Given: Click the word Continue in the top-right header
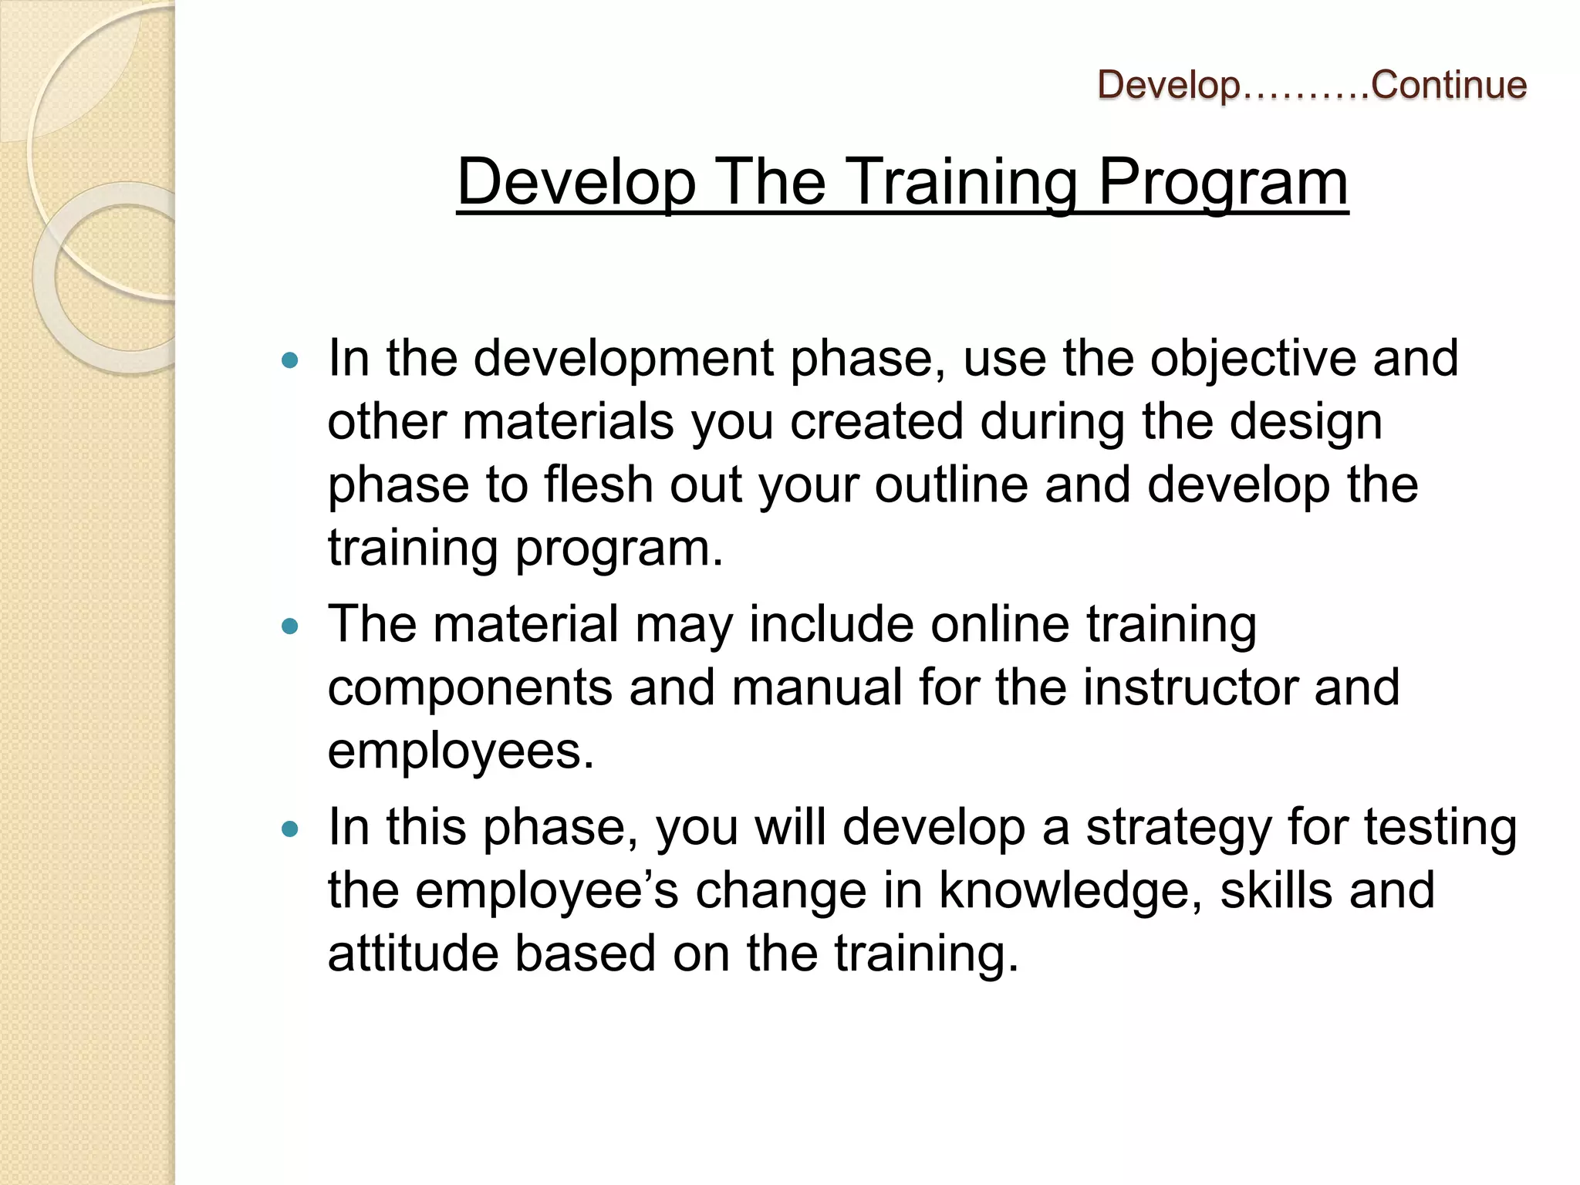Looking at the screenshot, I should click(x=1449, y=85).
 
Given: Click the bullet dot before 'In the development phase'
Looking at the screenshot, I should click(x=290, y=360).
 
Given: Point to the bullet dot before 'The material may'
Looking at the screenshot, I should click(x=290, y=626).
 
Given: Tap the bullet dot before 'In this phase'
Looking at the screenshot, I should click(x=290, y=829).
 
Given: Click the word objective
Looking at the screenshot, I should click(x=1252, y=359).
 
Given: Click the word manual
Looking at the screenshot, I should click(x=816, y=687).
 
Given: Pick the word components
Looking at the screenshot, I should click(x=470, y=689).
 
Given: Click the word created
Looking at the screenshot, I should click(x=876, y=422).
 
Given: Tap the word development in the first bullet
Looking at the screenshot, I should click(x=623, y=359).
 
